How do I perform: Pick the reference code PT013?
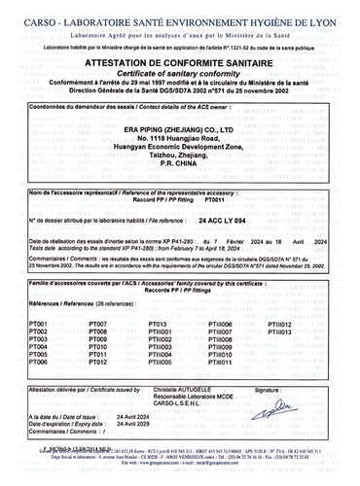(x=157, y=321)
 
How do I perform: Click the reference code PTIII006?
(x=220, y=321)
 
